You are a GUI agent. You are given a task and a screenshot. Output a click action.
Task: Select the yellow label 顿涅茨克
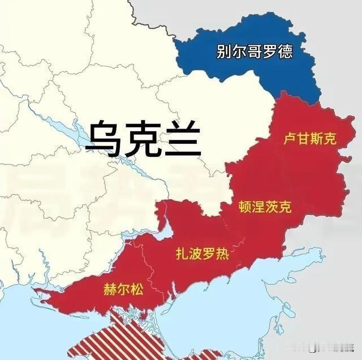(266, 207)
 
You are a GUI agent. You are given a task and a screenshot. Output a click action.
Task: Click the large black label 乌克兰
(143, 138)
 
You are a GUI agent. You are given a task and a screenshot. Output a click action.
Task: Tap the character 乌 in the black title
(105, 138)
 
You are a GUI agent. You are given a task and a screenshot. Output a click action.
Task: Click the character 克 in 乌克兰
(143, 138)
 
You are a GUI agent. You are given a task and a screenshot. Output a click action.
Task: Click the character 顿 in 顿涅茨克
(245, 207)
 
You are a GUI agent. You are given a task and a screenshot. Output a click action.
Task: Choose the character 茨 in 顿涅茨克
(273, 207)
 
